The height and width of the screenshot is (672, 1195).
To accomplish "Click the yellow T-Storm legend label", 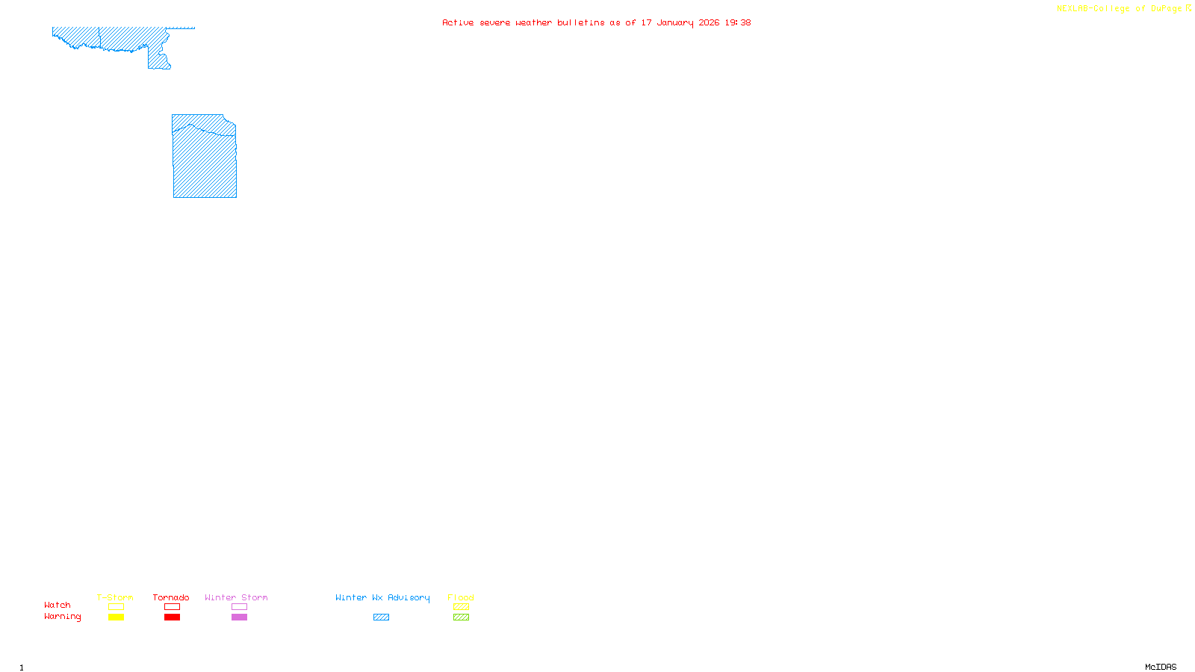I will click(x=115, y=597).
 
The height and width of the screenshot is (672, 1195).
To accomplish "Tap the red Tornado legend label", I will click(x=171, y=597).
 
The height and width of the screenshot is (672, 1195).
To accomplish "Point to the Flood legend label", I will click(x=461, y=597).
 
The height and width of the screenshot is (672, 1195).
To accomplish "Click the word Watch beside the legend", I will click(x=58, y=605).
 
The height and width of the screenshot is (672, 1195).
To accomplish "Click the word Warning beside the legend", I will click(x=63, y=617).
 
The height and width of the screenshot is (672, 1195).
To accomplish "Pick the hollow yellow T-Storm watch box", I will click(x=116, y=607).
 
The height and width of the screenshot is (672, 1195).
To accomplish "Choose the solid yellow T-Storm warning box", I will click(x=116, y=617).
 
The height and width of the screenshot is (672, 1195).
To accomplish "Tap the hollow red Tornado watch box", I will click(x=172, y=607).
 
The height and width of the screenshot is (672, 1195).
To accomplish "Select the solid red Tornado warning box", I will click(x=172, y=617).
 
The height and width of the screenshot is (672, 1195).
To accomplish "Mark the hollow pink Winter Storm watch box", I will click(x=239, y=607).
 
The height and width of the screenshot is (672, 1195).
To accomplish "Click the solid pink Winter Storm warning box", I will click(x=239, y=617).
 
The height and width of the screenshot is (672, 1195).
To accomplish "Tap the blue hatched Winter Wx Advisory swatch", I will click(x=381, y=617).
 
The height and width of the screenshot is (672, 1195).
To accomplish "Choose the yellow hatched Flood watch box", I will click(x=461, y=607).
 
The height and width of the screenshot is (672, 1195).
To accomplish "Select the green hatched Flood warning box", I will click(x=461, y=617).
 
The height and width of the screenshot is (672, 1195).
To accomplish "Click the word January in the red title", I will click(x=674, y=22).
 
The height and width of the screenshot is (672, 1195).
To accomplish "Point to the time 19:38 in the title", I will click(x=737, y=22).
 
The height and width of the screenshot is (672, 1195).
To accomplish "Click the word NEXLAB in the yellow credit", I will click(x=1073, y=9).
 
